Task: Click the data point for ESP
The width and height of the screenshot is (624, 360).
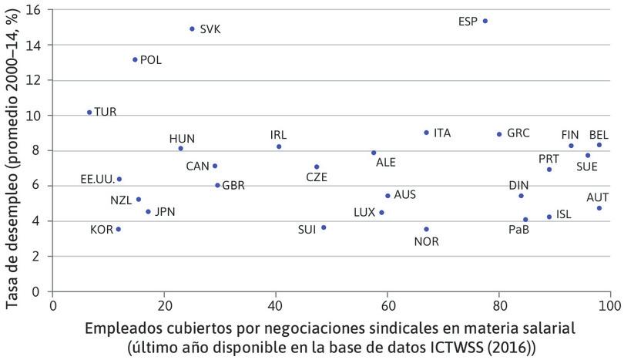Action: click(485, 21)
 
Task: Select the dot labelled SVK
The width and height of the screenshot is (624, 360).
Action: click(192, 29)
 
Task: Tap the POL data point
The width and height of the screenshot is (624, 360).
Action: click(135, 59)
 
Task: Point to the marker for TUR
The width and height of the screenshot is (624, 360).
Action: click(89, 112)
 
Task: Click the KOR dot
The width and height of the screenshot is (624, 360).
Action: click(118, 229)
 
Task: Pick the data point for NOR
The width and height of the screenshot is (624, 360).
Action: click(426, 229)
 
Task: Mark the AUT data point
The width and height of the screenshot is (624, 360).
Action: click(599, 208)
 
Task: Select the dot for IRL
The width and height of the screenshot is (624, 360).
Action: click(279, 146)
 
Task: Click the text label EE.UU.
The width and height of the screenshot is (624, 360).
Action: click(97, 180)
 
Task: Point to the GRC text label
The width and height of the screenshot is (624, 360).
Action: click(518, 133)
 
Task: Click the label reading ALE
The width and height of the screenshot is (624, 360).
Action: click(385, 163)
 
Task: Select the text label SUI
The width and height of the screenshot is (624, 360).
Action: click(307, 229)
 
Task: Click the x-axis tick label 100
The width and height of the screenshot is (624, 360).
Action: click(609, 306)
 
